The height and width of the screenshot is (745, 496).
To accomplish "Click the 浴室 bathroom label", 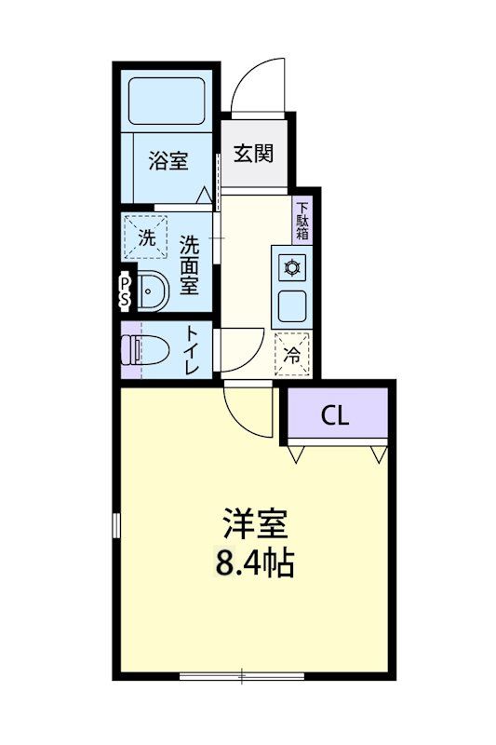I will pos(168,161).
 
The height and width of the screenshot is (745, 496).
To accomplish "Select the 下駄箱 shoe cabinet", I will pos(303,222).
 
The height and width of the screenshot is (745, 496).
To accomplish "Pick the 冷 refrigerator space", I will pos(292,352).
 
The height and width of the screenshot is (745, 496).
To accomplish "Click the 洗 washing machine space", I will pos(147,237).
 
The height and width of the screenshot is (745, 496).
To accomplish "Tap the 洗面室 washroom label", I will pos(190,264).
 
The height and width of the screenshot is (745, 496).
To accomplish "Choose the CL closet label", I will pos(336,416).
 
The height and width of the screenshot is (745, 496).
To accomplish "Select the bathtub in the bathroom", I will pos(167,101).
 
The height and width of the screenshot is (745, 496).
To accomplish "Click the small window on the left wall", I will pos(116,524).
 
